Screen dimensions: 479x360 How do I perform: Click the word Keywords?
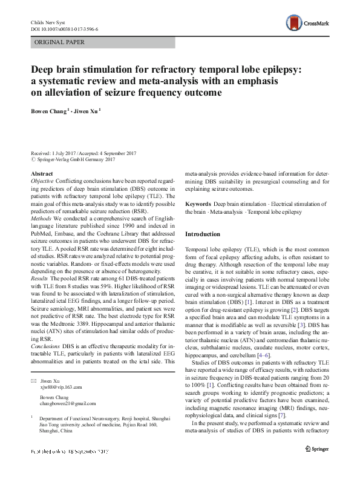tap(198, 204)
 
